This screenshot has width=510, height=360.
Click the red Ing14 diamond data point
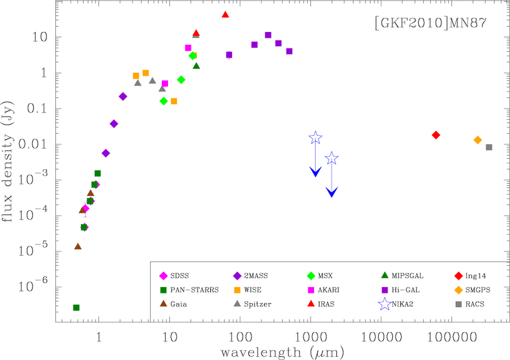(436, 135)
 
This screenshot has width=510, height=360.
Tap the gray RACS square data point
(489, 147)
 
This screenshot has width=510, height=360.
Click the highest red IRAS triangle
(226, 15)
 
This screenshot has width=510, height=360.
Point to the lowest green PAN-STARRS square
(76, 307)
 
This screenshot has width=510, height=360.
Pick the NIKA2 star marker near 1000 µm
(315, 137)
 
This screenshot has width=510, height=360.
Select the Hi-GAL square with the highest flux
(268, 35)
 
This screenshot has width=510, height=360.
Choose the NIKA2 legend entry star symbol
(385, 304)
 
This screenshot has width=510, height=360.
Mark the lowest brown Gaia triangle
(78, 246)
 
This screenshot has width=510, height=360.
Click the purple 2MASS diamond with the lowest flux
(106, 153)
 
